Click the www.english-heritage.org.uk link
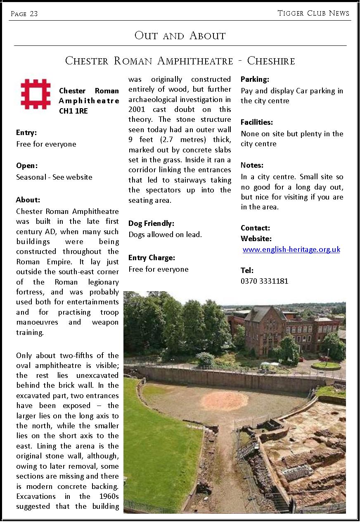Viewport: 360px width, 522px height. coord(291,249)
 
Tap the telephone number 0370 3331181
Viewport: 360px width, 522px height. coord(264,281)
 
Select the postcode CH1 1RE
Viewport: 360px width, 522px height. coord(73,111)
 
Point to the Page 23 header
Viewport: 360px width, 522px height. coord(24,14)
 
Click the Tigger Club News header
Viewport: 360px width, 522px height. coord(313,13)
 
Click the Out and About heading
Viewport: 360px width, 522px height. coord(180,36)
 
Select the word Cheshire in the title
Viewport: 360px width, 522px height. coord(271,61)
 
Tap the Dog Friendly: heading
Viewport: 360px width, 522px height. coord(151,223)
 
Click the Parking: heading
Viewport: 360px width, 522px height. coord(255,79)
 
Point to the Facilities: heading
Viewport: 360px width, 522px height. coord(257,122)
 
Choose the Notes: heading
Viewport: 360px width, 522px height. coord(252,165)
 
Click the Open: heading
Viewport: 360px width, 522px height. coord(27,166)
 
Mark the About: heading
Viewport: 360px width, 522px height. coord(28,200)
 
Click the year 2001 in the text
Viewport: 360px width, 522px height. coord(137,109)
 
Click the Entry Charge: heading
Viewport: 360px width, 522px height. coord(152,258)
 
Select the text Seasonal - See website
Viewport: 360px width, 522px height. coord(54,177)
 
